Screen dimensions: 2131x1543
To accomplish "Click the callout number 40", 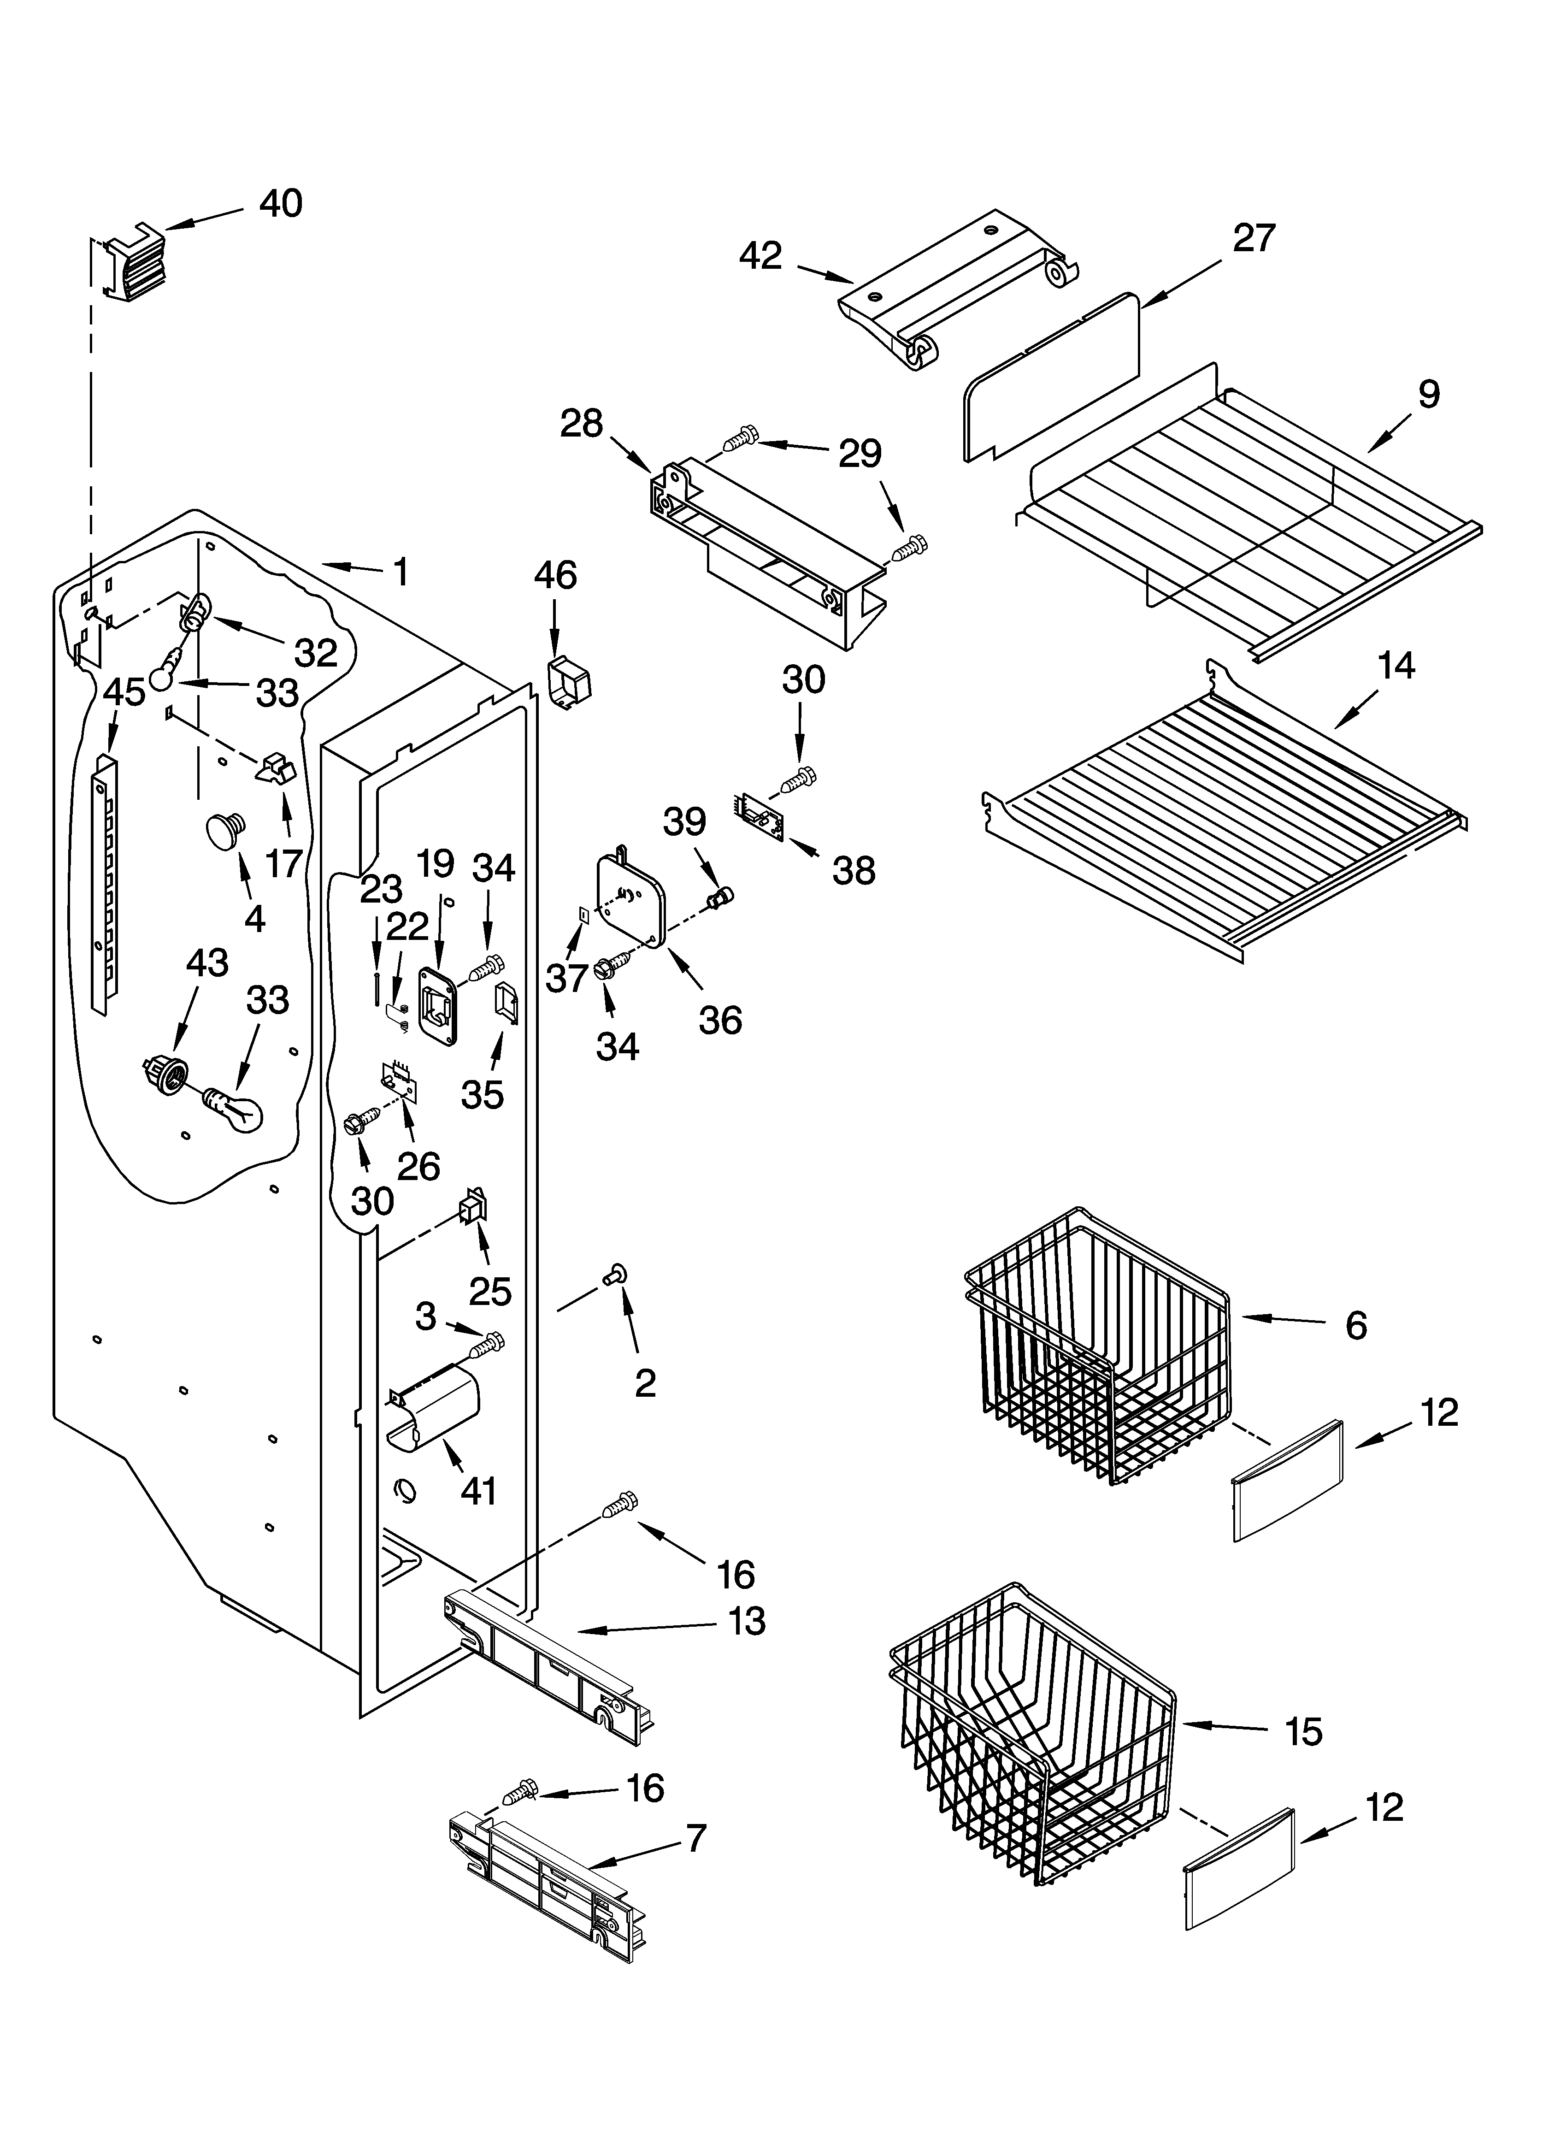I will [x=280, y=204].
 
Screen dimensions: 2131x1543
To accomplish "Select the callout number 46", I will [x=555, y=575].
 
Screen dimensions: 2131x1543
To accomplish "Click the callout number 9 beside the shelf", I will [x=1427, y=395].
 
